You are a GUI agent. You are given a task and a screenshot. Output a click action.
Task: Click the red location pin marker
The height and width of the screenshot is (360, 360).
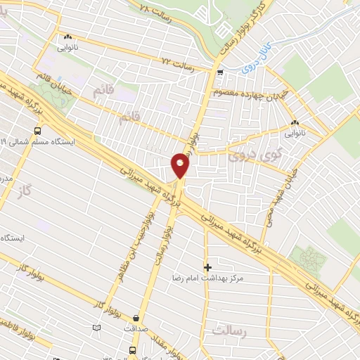click(x=181, y=165)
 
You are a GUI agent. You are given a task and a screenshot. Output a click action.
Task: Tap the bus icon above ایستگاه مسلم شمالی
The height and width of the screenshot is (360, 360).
click(x=37, y=129)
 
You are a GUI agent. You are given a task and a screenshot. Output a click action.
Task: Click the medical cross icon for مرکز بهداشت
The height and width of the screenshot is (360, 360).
click(x=207, y=267)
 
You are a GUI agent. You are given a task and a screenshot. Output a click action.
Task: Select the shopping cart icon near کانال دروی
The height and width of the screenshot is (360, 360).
click(x=221, y=72)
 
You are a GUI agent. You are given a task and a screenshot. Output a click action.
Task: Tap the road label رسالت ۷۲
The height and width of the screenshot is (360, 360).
click(x=176, y=63)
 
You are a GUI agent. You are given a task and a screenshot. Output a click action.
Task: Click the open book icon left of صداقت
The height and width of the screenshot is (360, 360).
click(x=96, y=328)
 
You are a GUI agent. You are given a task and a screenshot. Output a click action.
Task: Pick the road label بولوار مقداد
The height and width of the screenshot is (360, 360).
click(x=159, y=345)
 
